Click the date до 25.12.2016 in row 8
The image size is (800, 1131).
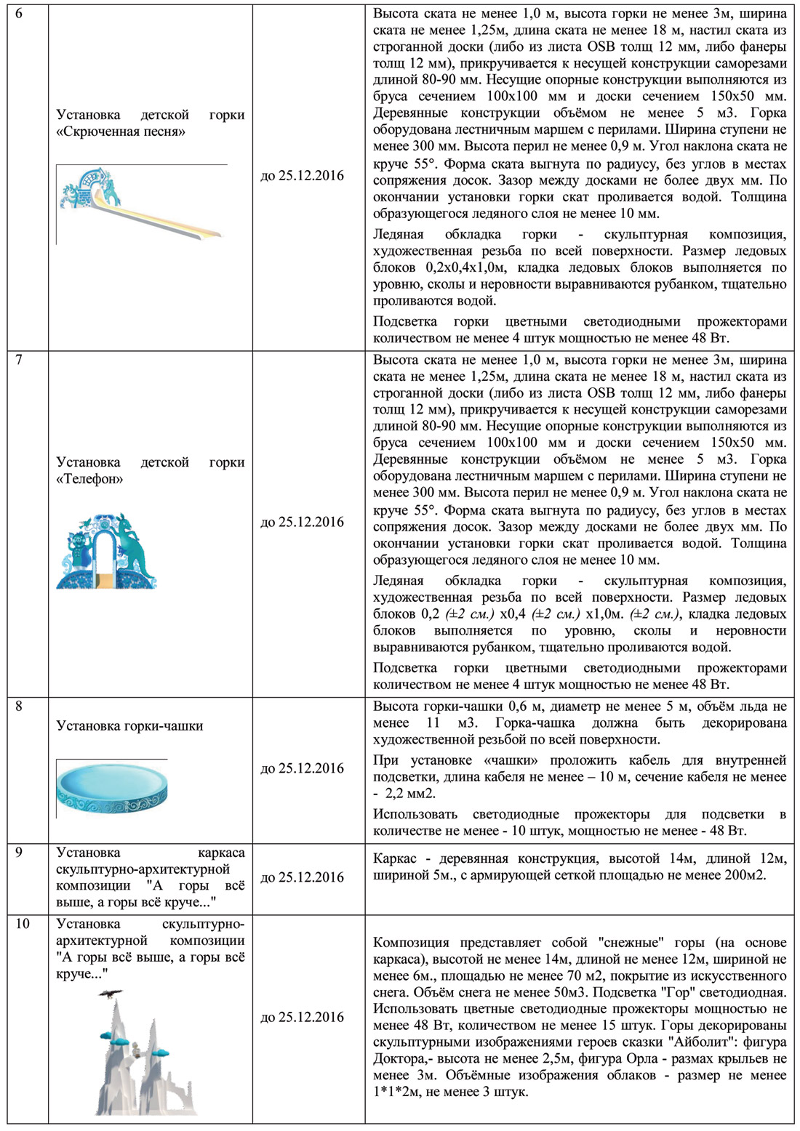click(302, 768)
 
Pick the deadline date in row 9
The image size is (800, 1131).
click(302, 877)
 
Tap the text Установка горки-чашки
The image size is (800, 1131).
click(129, 725)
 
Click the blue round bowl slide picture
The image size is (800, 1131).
click(113, 787)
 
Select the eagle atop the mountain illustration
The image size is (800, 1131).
click(111, 994)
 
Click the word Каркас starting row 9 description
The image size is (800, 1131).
click(395, 858)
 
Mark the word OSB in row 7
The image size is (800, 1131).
click(601, 393)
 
